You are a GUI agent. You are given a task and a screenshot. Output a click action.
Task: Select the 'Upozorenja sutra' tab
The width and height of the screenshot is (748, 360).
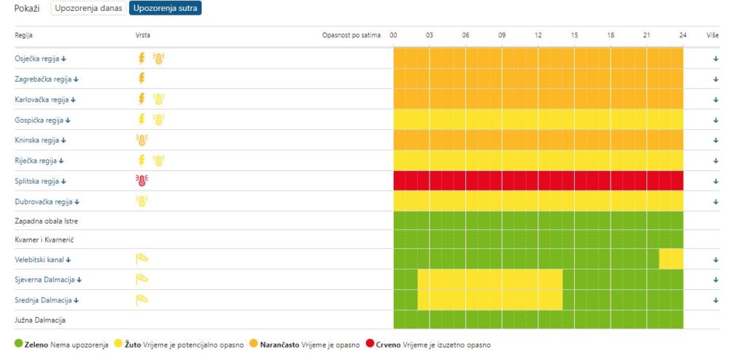coord(166,9)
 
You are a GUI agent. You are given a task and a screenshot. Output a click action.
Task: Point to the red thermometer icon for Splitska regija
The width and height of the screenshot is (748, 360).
coord(142,181)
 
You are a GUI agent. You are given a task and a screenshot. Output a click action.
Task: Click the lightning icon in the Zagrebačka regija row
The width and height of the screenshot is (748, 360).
coord(142,79)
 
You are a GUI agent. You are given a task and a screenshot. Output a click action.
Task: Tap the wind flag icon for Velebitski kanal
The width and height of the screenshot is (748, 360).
coord(142,258)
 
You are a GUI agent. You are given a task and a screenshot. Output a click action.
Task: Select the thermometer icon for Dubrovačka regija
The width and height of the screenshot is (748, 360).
coord(142,202)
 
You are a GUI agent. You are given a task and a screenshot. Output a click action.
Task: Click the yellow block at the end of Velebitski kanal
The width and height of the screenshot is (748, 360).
coord(671,258)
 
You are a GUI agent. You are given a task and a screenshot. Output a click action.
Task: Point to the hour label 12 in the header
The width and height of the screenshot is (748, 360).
coord(538,35)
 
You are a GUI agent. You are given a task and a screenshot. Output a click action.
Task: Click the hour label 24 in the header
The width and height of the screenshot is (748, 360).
coord(682,35)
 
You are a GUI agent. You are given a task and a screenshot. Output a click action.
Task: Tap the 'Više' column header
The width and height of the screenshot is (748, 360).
coord(713,35)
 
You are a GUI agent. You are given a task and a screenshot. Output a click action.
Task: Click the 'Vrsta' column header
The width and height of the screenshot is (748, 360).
coord(143,35)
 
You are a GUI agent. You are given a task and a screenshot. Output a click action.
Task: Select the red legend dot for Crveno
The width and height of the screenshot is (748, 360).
coord(370,344)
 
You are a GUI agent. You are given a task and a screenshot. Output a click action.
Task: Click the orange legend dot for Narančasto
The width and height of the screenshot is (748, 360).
coord(254,344)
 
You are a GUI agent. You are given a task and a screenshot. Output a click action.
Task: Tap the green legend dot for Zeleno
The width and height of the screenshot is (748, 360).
coord(18,344)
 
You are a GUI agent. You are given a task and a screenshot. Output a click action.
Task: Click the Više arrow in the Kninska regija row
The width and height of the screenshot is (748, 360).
coord(716,140)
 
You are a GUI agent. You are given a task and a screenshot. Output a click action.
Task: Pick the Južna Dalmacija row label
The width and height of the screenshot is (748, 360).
coord(42,320)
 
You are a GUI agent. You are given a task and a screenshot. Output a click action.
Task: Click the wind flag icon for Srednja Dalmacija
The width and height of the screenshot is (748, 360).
coord(142,299)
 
